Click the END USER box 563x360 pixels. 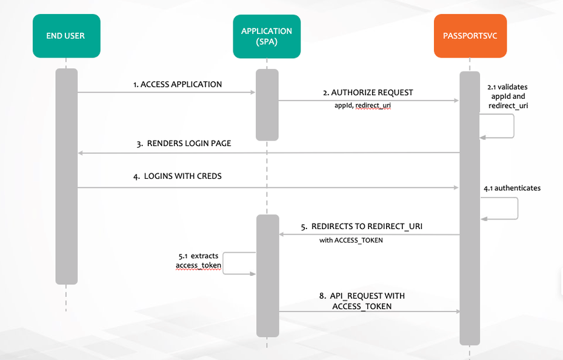point(66,36)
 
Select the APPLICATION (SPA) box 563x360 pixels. point(267,36)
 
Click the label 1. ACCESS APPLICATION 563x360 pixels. point(178,85)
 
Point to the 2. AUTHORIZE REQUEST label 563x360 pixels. point(368,93)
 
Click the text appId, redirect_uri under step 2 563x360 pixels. point(359,105)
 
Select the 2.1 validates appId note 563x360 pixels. point(508,96)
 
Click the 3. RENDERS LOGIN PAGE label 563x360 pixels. point(184,144)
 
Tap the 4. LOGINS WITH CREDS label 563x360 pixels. point(178,176)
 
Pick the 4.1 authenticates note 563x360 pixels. point(512,188)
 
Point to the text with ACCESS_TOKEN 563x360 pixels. point(351,240)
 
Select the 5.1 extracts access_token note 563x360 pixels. point(198,261)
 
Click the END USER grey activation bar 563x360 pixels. point(67,176)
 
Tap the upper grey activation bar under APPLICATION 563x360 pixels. point(267,104)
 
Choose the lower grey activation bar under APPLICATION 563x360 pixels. point(267,276)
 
